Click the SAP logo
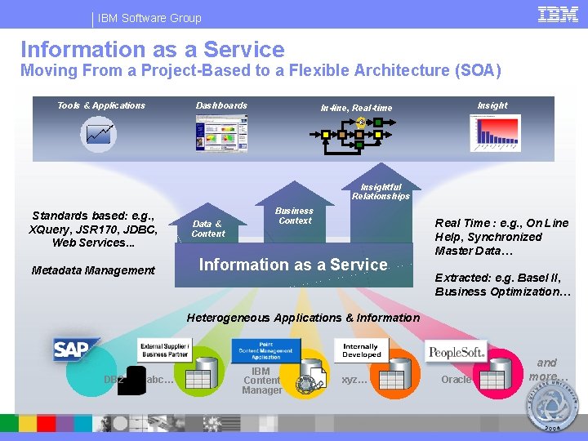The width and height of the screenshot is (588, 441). [76, 350]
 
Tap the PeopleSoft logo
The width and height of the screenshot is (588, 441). [457, 352]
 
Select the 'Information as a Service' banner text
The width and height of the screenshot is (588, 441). [293, 265]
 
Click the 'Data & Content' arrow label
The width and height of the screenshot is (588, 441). [208, 229]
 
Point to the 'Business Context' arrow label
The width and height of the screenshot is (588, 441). [294, 216]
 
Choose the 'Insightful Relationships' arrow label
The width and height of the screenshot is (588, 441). [381, 191]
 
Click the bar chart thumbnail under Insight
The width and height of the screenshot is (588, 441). [494, 132]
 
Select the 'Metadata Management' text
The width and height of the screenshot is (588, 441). [92, 270]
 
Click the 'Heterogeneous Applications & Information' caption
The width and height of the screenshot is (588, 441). [303, 318]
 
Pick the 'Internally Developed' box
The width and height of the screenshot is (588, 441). [361, 350]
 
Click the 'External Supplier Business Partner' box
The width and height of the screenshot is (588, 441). [165, 350]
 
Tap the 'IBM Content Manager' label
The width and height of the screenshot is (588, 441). [261, 381]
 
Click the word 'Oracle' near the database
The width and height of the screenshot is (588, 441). [456, 380]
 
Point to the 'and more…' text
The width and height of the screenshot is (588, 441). [546, 369]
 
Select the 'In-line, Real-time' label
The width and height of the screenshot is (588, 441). [355, 108]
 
